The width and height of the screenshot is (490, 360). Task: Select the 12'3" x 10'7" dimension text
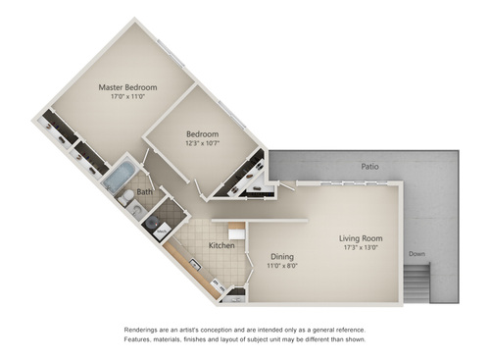203,145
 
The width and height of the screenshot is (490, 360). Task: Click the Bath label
144,192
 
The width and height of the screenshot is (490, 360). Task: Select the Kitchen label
221,245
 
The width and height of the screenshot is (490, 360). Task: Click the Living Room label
361,238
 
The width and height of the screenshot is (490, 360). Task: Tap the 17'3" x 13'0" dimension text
361,248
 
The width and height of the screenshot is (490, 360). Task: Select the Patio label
368,167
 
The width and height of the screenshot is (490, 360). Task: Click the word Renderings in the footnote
145,330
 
